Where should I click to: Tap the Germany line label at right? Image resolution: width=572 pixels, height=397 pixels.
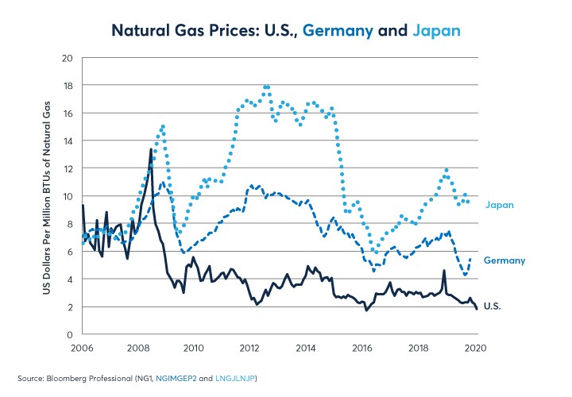point(504,260)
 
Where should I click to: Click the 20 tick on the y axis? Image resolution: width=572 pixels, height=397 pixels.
point(67,58)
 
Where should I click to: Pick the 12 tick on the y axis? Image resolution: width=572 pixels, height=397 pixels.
point(67,168)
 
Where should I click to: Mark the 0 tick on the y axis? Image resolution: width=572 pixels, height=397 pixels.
point(69,334)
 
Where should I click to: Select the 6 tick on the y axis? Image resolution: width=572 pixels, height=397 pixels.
point(69,252)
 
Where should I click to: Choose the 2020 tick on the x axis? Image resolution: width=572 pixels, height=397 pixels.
point(476,348)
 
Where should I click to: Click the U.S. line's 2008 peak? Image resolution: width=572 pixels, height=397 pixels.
point(151,149)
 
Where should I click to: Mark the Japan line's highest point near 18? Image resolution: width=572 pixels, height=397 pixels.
point(266,86)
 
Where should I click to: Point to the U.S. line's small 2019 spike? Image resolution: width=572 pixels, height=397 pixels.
point(444,271)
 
